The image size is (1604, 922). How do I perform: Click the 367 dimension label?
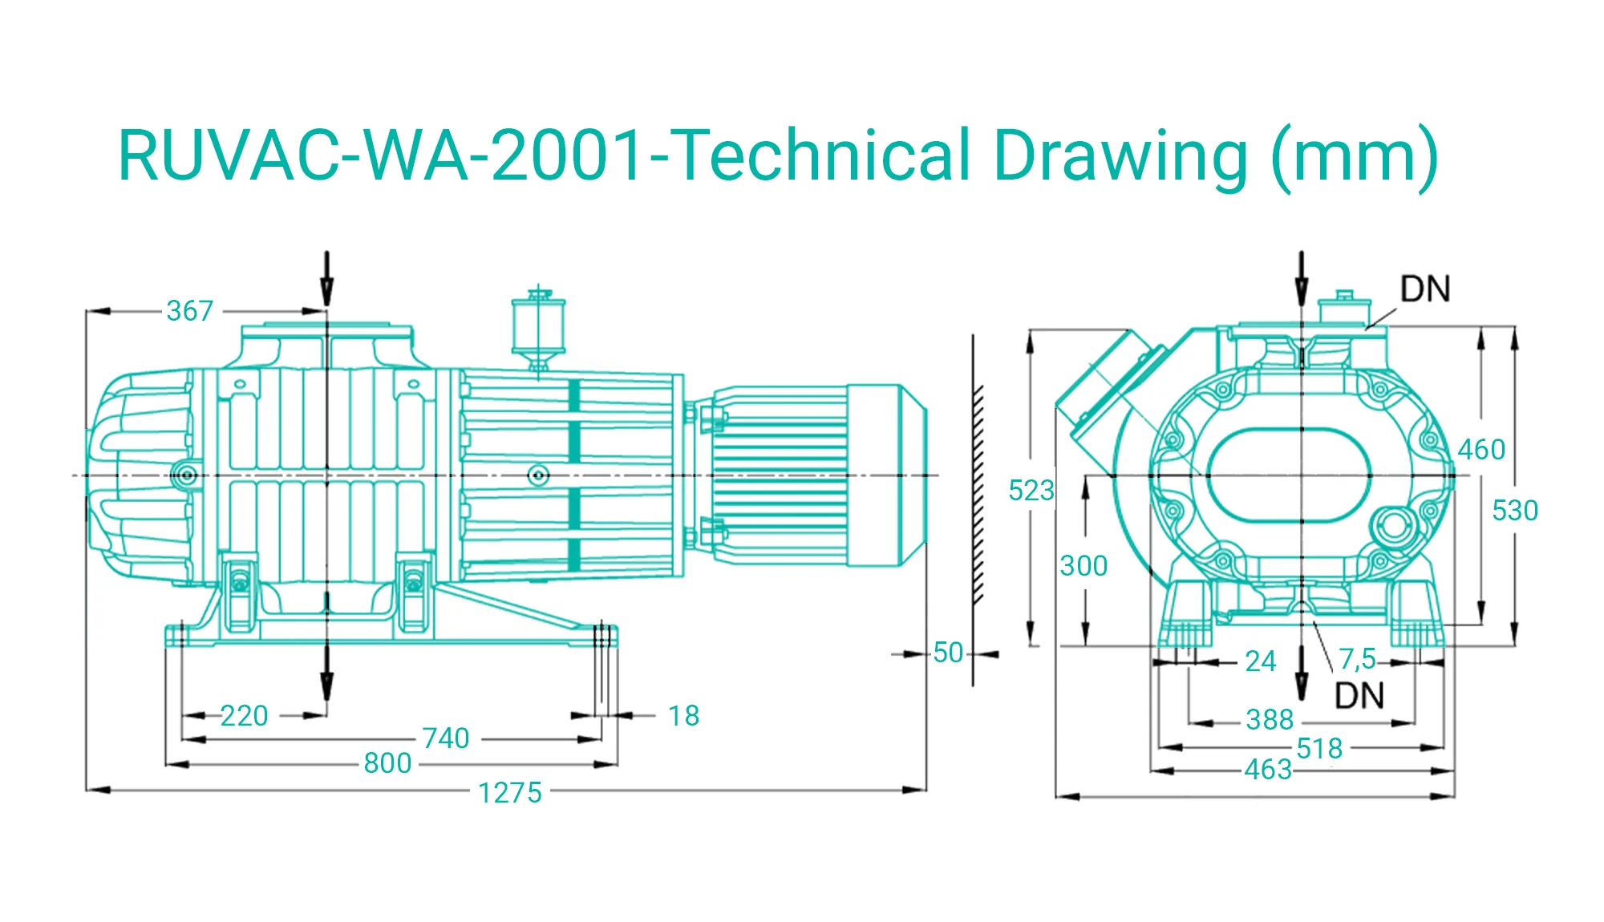[190, 310]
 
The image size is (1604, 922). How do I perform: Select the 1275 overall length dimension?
[510, 792]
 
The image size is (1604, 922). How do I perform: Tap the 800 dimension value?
[387, 762]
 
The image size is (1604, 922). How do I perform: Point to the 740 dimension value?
[446, 738]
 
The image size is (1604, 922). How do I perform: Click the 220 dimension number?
[244, 715]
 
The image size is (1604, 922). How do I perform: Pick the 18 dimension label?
[683, 715]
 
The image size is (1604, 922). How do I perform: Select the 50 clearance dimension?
[948, 653]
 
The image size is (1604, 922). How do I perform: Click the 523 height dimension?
[1031, 490]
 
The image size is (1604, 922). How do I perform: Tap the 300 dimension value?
[1084, 566]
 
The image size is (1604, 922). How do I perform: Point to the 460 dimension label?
[1481, 449]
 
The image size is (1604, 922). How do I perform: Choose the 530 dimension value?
[1514, 510]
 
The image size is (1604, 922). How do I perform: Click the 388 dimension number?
[1270, 719]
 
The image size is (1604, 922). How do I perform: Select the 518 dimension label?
[1319, 748]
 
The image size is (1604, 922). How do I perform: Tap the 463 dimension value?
[1268, 770]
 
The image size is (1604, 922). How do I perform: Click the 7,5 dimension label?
[1357, 659]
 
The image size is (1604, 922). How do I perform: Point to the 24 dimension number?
[1260, 661]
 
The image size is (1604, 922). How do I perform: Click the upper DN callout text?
[1425, 289]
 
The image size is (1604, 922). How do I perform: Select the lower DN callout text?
[1359, 696]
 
